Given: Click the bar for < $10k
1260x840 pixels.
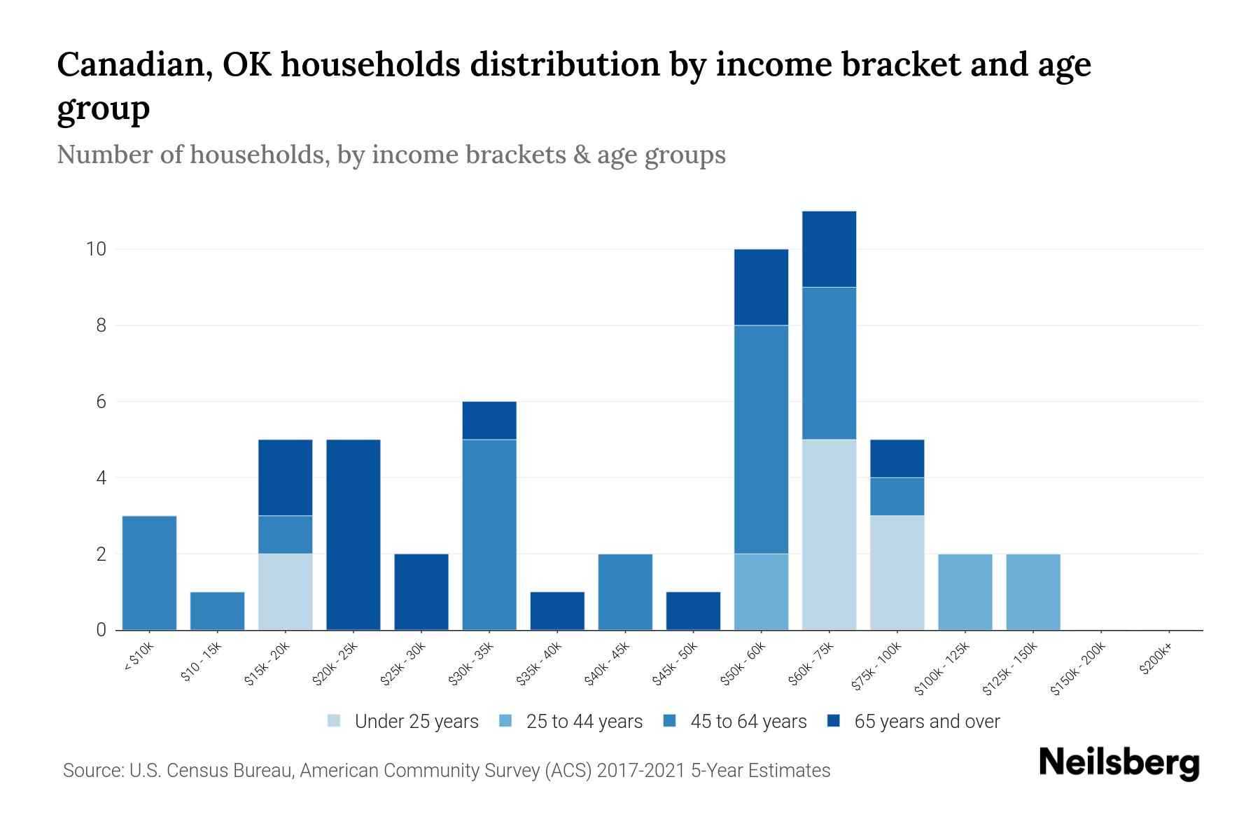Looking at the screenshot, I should [x=149, y=573].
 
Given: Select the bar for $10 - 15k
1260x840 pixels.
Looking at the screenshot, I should [x=217, y=611].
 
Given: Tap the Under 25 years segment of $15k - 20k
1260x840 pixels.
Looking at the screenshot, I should [x=285, y=591].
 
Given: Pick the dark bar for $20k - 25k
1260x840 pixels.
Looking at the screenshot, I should [x=353, y=535].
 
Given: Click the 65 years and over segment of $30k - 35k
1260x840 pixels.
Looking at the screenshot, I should [x=489, y=420].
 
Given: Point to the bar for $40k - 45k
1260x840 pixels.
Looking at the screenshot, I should [x=625, y=591].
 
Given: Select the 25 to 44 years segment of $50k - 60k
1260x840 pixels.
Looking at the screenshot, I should [x=761, y=591].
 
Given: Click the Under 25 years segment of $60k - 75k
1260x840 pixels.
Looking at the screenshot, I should [x=829, y=535].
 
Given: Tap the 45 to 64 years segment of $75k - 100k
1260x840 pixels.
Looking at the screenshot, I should [x=897, y=496].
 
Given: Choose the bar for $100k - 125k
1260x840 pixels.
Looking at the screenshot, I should [x=965, y=591].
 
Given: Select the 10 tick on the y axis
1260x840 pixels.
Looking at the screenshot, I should [x=95, y=249].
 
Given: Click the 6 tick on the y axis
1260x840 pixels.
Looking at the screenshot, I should [x=101, y=402].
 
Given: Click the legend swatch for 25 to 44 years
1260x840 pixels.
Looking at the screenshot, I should [x=506, y=721].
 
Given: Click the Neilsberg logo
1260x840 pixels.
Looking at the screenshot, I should [x=1119, y=763].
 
